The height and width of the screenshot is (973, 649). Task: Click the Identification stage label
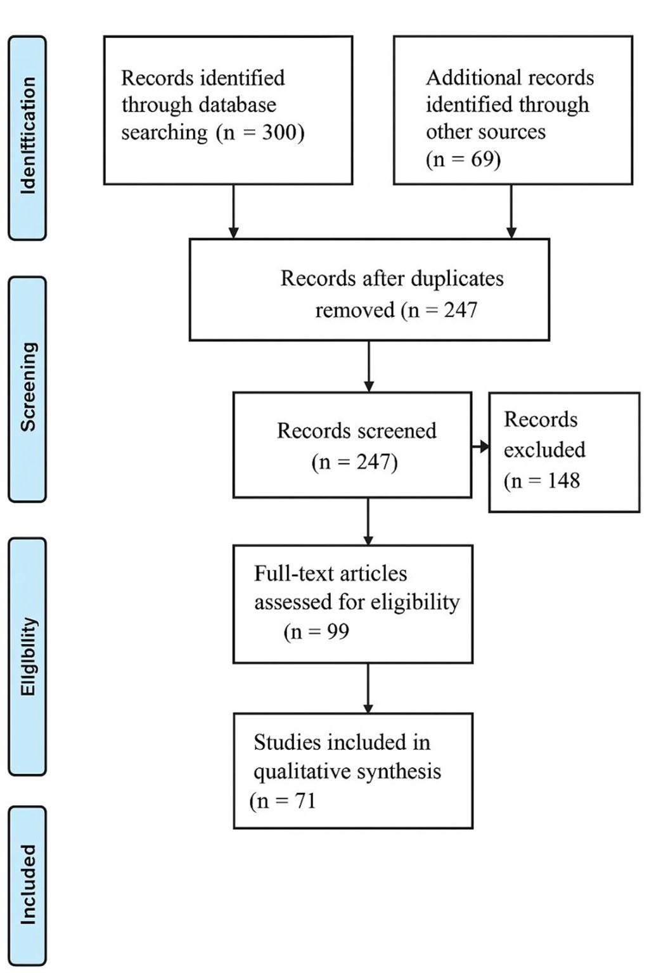tap(28, 137)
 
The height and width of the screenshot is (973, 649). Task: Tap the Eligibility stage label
tap(28, 656)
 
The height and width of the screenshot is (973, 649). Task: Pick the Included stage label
tap(28, 884)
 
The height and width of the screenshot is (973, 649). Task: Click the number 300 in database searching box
tap(280, 132)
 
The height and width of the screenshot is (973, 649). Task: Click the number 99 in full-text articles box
tap(337, 631)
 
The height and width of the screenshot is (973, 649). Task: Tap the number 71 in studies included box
tap(305, 801)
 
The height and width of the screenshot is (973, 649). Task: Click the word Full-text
tap(294, 573)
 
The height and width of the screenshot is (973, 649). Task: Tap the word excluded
tap(544, 449)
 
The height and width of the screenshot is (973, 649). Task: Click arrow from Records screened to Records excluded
tap(480, 447)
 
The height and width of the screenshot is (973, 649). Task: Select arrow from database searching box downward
tap(233, 212)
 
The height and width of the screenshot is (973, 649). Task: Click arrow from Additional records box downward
tap(511, 212)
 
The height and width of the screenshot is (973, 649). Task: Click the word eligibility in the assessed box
tap(415, 602)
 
